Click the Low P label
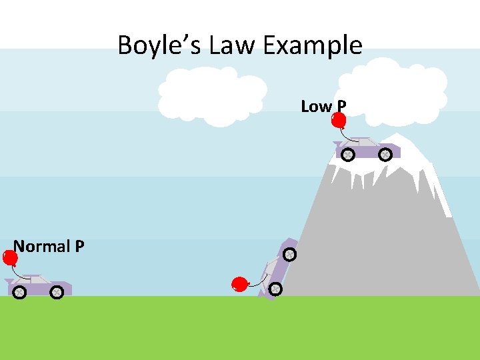pyautogui.click(x=323, y=106)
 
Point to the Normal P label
pyautogui.click(x=49, y=247)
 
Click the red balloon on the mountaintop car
pyautogui.click(x=339, y=120)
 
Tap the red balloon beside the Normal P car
pyautogui.click(x=9, y=258)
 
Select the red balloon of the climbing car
pyautogui.click(x=239, y=285)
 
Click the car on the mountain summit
pyautogui.click(x=367, y=149)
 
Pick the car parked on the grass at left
pyautogui.click(x=39, y=285)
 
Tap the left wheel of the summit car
pyautogui.click(x=348, y=155)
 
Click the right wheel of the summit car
pyautogui.click(x=385, y=155)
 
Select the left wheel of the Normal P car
pyautogui.click(x=20, y=292)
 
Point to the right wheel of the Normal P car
pyautogui.click(x=57, y=292)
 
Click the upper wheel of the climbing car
pyautogui.click(x=289, y=254)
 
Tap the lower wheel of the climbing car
pyautogui.click(x=275, y=289)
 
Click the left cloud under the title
pyautogui.click(x=212, y=95)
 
